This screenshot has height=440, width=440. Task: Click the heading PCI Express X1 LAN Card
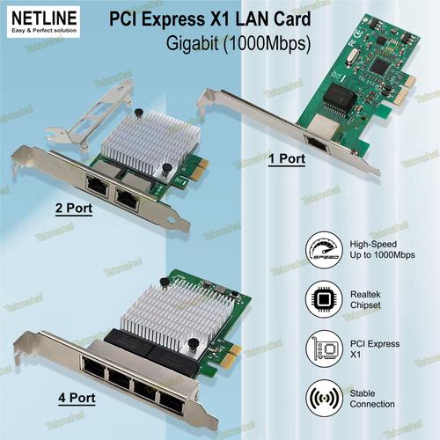209,18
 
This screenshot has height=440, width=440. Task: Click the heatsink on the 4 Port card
155,316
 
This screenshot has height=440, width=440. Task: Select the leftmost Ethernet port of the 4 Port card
92,369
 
